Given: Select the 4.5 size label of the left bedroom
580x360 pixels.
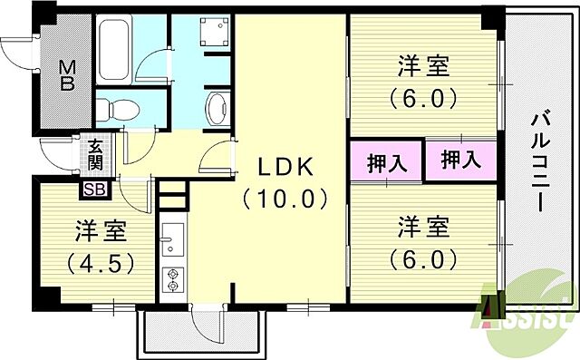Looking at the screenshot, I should (101, 263).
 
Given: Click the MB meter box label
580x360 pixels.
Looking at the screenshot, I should (67, 77).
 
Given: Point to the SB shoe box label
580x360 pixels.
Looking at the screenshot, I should (93, 190).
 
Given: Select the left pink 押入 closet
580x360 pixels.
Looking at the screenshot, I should (387, 162).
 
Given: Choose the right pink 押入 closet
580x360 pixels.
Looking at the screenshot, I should (460, 161).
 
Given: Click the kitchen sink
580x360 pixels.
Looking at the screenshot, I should (172, 241).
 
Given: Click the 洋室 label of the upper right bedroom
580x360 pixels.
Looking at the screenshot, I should (422, 65).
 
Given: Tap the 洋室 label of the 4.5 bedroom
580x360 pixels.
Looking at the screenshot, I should (101, 232).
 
